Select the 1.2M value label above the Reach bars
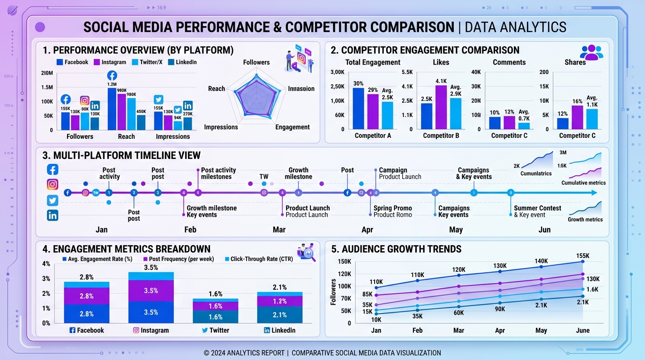click(x=112, y=84)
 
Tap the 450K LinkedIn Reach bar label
click(x=141, y=112)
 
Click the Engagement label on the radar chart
click(x=292, y=127)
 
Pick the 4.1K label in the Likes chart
click(x=441, y=81)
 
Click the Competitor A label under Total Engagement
click(x=373, y=135)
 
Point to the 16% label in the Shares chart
click(x=577, y=101)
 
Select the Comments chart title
click(x=509, y=62)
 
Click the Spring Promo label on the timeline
click(x=392, y=208)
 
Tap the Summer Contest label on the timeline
click(x=537, y=208)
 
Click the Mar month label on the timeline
click(x=279, y=230)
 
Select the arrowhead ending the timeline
click(x=594, y=193)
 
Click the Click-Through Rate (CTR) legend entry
click(x=261, y=259)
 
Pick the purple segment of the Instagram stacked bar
click(x=151, y=291)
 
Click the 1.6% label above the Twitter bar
click(x=215, y=294)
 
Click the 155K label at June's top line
click(x=583, y=256)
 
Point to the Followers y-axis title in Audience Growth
click(x=333, y=292)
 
